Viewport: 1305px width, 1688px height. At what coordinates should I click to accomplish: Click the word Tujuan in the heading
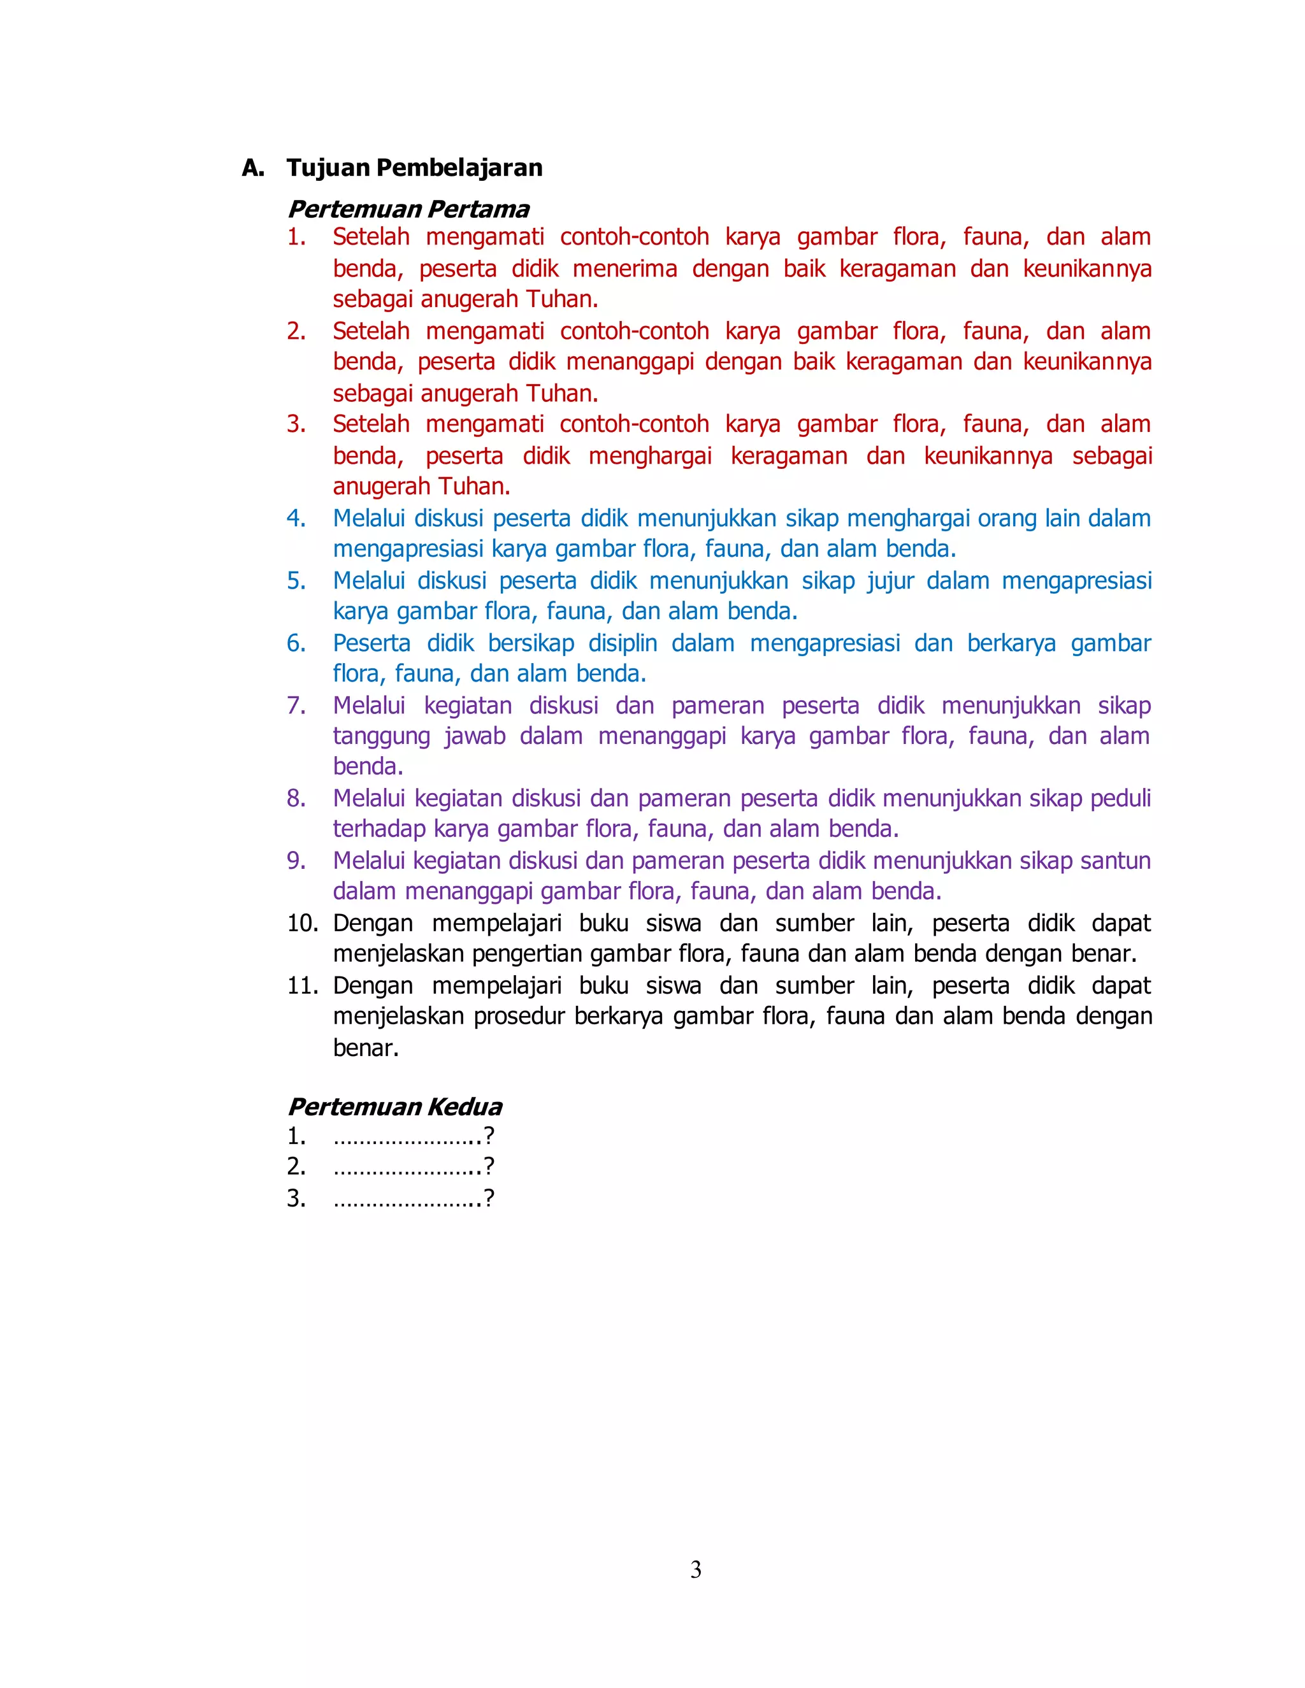pyautogui.click(x=329, y=168)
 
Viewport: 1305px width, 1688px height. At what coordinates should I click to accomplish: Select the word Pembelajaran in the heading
pyautogui.click(x=460, y=168)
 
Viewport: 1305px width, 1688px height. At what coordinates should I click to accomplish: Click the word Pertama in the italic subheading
pyautogui.click(x=479, y=209)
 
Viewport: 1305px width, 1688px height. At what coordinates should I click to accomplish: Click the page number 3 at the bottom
pyautogui.click(x=696, y=1570)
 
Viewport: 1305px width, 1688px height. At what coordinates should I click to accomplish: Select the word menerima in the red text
pyautogui.click(x=624, y=268)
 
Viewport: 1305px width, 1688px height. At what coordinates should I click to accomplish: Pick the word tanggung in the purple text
pyautogui.click(x=381, y=736)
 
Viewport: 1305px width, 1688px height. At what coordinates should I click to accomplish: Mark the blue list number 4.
pyautogui.click(x=296, y=518)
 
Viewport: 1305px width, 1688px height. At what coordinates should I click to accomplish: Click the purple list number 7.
pyautogui.click(x=296, y=705)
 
